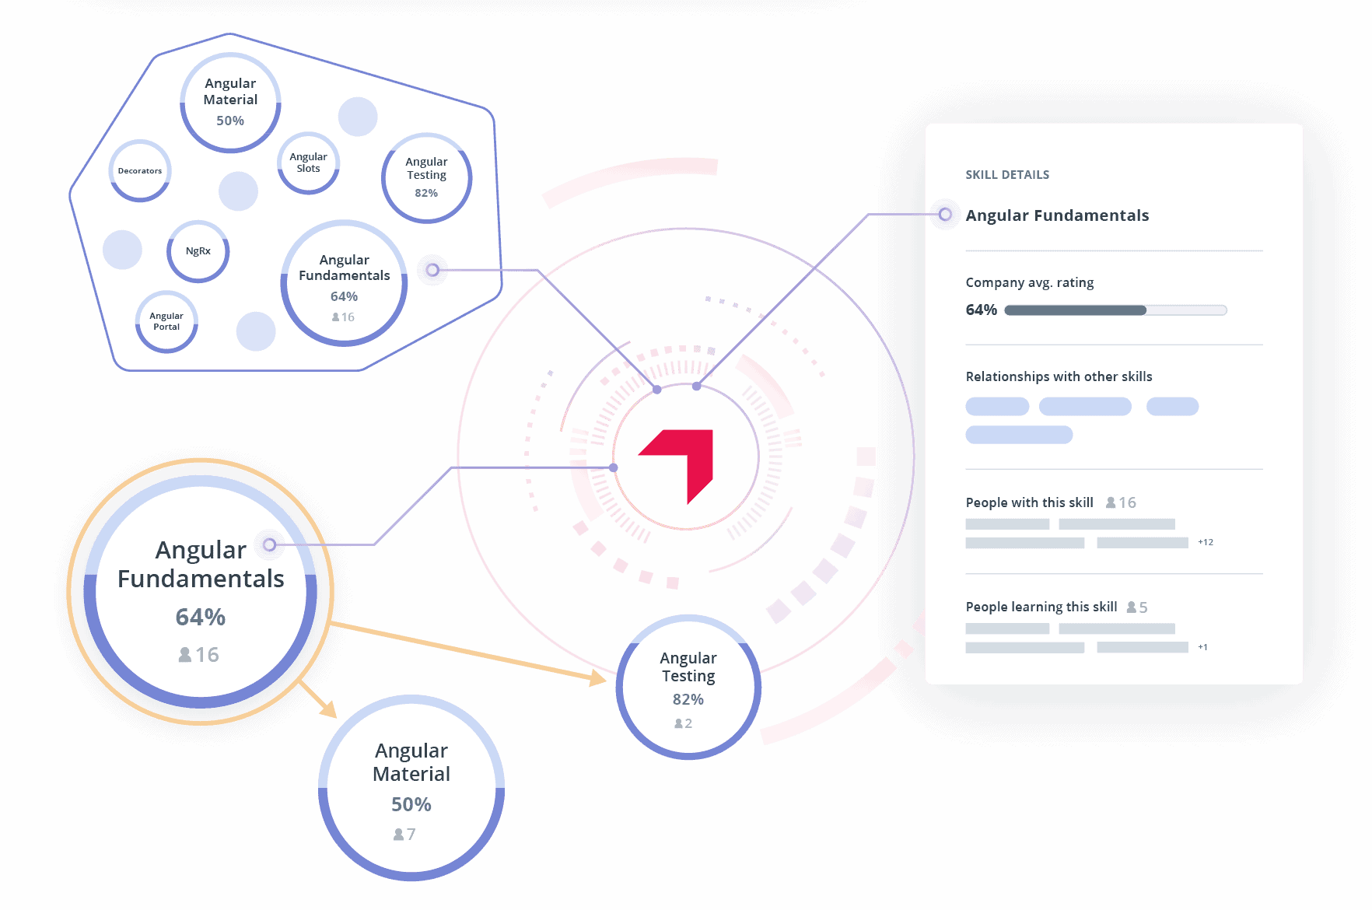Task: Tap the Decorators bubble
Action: [140, 171]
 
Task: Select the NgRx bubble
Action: [198, 251]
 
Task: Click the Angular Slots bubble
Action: [309, 163]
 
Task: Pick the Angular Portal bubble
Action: [166, 321]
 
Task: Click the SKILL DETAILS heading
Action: [1007, 175]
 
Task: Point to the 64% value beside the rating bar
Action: [981, 310]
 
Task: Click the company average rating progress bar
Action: [1115, 310]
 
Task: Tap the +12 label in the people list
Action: [1206, 542]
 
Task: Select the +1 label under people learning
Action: [1202, 647]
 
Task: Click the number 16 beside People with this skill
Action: [1128, 502]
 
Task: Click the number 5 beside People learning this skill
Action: [1143, 607]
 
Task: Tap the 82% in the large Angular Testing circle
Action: [688, 699]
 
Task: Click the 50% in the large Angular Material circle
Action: [411, 804]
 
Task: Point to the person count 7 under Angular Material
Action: [411, 835]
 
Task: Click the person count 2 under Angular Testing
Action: [688, 723]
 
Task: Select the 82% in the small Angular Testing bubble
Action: [426, 193]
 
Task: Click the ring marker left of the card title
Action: [945, 215]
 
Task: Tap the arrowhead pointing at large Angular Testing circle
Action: [597, 678]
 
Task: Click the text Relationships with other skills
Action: [1059, 376]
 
